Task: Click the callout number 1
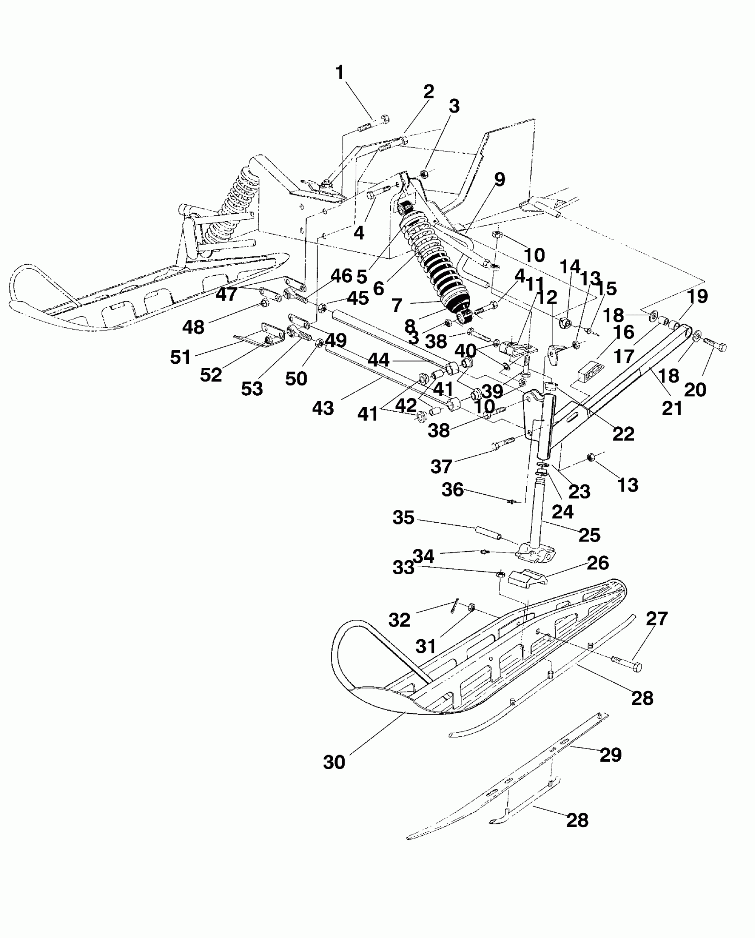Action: [x=340, y=72]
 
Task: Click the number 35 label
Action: [x=403, y=517]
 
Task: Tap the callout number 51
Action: [x=180, y=357]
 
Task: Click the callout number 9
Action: [x=499, y=180]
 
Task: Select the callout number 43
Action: [x=323, y=408]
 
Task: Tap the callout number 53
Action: [x=252, y=389]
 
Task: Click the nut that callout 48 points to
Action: [x=263, y=304]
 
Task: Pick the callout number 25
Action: [x=589, y=535]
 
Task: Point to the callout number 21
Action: [x=672, y=409]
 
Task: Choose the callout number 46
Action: [x=342, y=276]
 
